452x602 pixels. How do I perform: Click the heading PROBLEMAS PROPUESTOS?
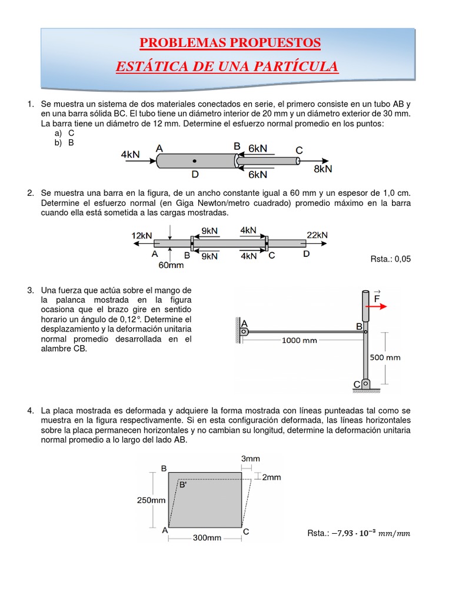(x=230, y=43)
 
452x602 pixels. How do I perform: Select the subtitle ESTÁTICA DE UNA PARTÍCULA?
(x=227, y=66)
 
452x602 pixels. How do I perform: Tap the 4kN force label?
(x=131, y=154)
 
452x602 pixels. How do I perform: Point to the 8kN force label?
(x=323, y=169)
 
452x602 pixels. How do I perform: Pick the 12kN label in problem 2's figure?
(x=142, y=235)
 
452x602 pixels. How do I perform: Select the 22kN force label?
(x=317, y=235)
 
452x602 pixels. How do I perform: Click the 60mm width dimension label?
(x=171, y=265)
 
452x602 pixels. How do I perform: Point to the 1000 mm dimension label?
(x=300, y=340)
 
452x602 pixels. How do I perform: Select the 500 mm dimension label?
(x=385, y=357)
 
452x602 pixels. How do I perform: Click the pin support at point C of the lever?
(x=365, y=384)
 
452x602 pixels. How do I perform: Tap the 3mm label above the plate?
(x=251, y=458)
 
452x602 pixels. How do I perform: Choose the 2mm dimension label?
(x=271, y=477)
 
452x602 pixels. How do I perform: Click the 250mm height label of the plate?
(x=152, y=500)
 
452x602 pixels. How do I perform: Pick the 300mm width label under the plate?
(x=207, y=537)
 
